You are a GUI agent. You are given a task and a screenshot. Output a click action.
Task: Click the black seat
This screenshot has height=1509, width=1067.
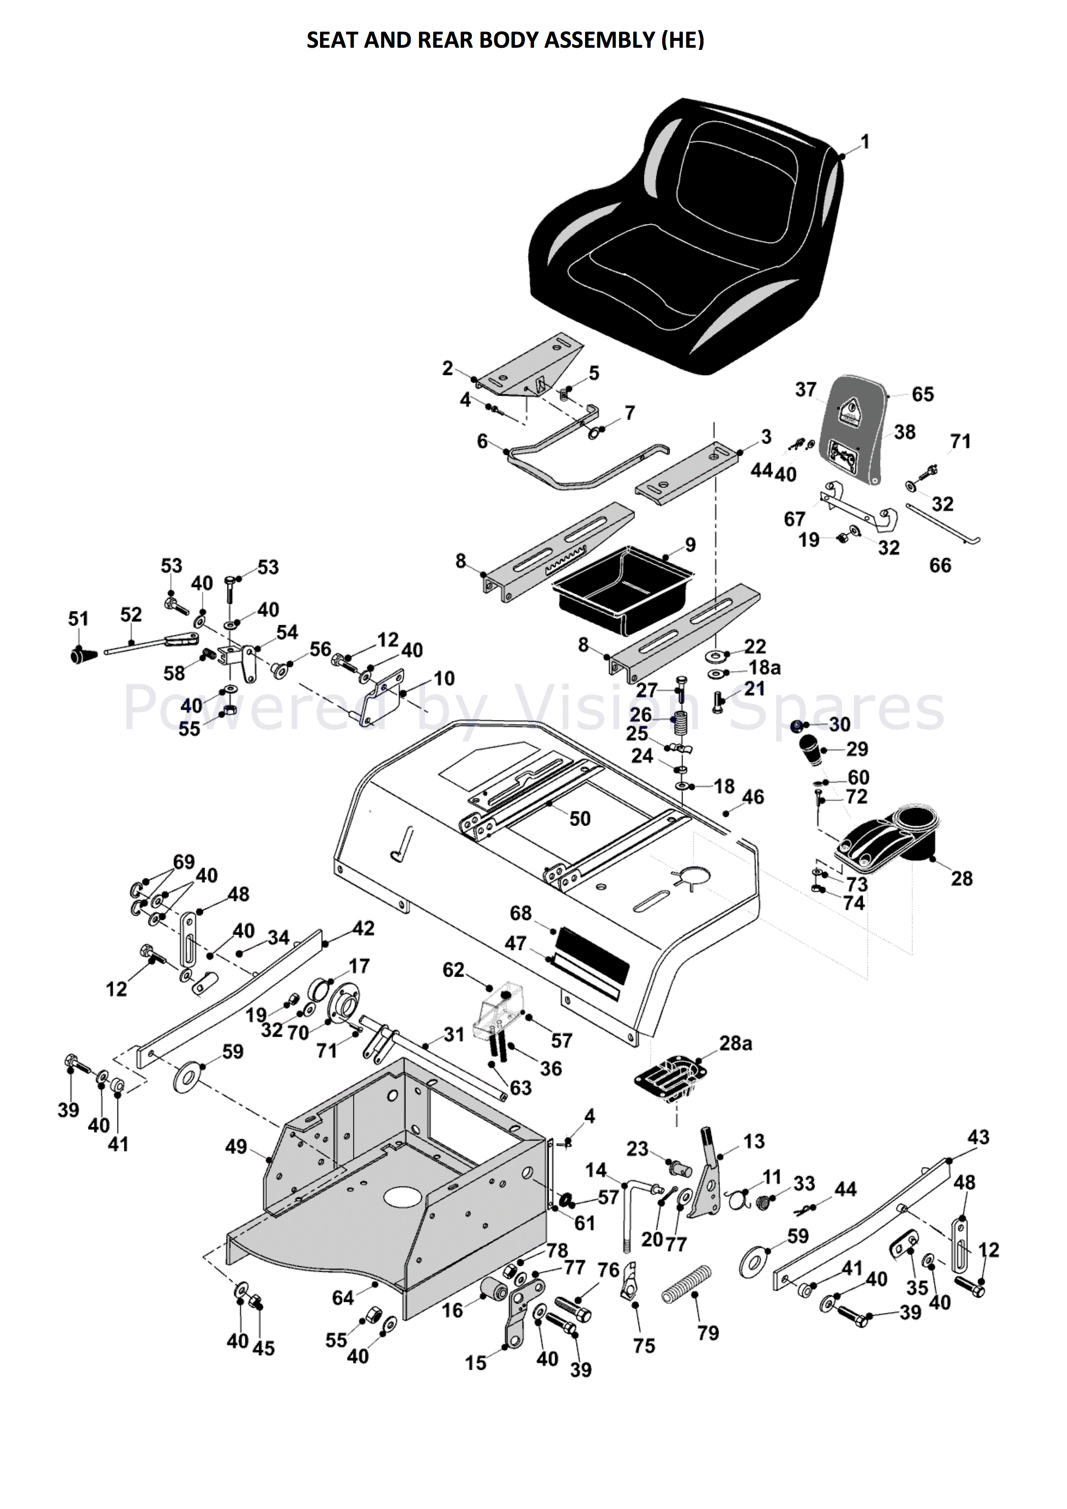684,237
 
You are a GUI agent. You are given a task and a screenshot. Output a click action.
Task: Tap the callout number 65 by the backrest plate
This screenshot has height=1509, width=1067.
922,394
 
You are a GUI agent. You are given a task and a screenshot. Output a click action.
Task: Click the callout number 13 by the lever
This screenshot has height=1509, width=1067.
754,1142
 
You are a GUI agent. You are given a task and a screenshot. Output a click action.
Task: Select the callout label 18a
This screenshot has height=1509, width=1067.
764,668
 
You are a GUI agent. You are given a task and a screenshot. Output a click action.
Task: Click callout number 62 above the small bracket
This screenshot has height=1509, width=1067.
453,970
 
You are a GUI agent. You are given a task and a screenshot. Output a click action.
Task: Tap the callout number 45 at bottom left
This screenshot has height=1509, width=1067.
264,1349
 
